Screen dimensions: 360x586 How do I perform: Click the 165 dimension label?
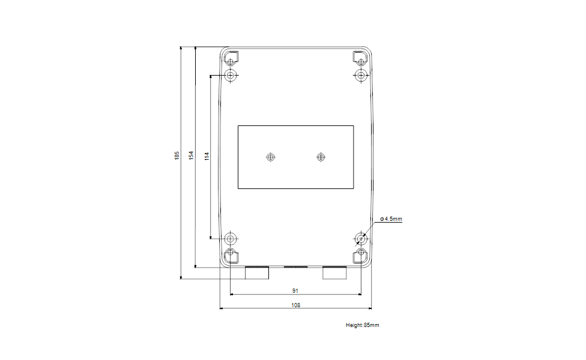pos(177,155)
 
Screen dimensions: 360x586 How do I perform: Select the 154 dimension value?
pos(192,155)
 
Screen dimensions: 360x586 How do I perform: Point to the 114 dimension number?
pos(207,157)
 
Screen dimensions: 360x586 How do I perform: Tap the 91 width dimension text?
pos(295,290)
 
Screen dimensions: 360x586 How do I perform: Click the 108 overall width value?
pos(295,305)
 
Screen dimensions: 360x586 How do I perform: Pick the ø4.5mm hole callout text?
pos(391,219)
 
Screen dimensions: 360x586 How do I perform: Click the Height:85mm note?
pos(362,325)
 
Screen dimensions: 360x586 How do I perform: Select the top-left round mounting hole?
pos(231,76)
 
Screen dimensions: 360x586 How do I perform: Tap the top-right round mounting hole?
pos(361,76)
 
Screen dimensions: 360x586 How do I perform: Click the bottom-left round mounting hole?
pos(231,238)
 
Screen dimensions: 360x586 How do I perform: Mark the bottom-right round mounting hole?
pos(361,238)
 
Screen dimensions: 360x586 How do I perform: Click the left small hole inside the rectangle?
pos(270,157)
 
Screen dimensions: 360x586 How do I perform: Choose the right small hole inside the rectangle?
pos(321,157)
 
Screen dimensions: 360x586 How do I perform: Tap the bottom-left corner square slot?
pos(231,255)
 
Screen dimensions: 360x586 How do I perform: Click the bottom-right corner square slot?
pos(360,255)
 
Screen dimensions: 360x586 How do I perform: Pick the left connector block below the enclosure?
pos(257,273)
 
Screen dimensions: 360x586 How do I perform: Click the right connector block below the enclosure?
pos(335,273)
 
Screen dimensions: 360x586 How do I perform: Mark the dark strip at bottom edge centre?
pos(295,266)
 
